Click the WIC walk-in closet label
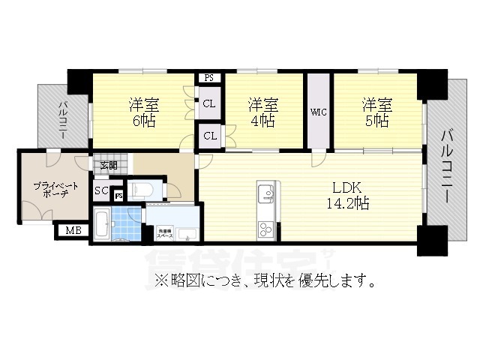point(318,112)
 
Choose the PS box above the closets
point(208,76)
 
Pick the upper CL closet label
point(209,103)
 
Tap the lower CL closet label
point(209,136)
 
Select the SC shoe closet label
point(101,191)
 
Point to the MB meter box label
point(73,230)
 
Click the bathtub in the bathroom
point(103,225)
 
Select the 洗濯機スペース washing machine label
point(165,233)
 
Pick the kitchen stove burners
point(265,227)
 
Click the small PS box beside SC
point(118,196)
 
